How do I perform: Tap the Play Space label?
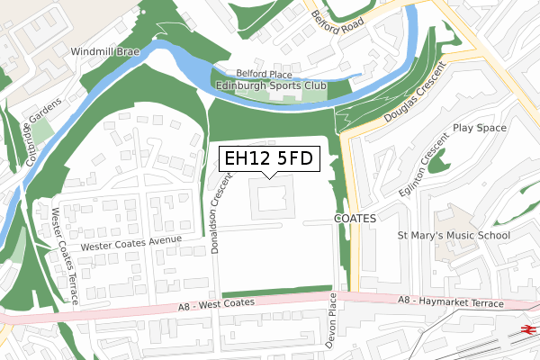point(481,129)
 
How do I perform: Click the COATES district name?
point(354,219)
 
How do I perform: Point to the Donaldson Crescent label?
point(217,211)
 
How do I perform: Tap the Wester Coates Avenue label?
point(131,243)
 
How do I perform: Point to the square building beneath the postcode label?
point(273,197)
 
